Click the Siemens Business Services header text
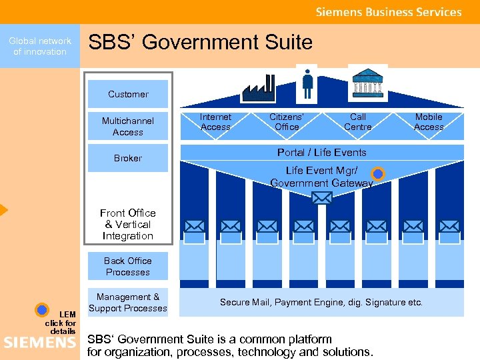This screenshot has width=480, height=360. click(x=389, y=12)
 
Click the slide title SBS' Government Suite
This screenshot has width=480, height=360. click(x=200, y=43)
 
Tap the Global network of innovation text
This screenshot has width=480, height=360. click(x=40, y=46)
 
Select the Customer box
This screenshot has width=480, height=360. click(x=128, y=94)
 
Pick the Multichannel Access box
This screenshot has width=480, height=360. click(x=128, y=126)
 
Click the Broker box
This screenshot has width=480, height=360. click(x=128, y=158)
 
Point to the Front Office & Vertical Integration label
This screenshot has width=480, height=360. click(x=128, y=224)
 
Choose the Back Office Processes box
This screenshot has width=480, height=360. click(x=128, y=266)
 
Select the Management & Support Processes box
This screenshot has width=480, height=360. click(x=128, y=302)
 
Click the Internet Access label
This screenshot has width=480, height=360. click(x=215, y=122)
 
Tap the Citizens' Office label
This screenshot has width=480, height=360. click(x=287, y=122)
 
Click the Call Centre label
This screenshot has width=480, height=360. click(x=358, y=122)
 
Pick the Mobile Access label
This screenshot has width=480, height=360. click(x=429, y=122)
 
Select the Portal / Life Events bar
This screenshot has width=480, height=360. click(x=321, y=152)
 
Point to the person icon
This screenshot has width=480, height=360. click(x=307, y=83)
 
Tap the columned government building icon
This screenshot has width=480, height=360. click(x=363, y=83)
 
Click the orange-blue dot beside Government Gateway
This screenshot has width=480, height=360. click(x=378, y=175)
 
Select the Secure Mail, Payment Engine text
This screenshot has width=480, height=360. click(x=321, y=302)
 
